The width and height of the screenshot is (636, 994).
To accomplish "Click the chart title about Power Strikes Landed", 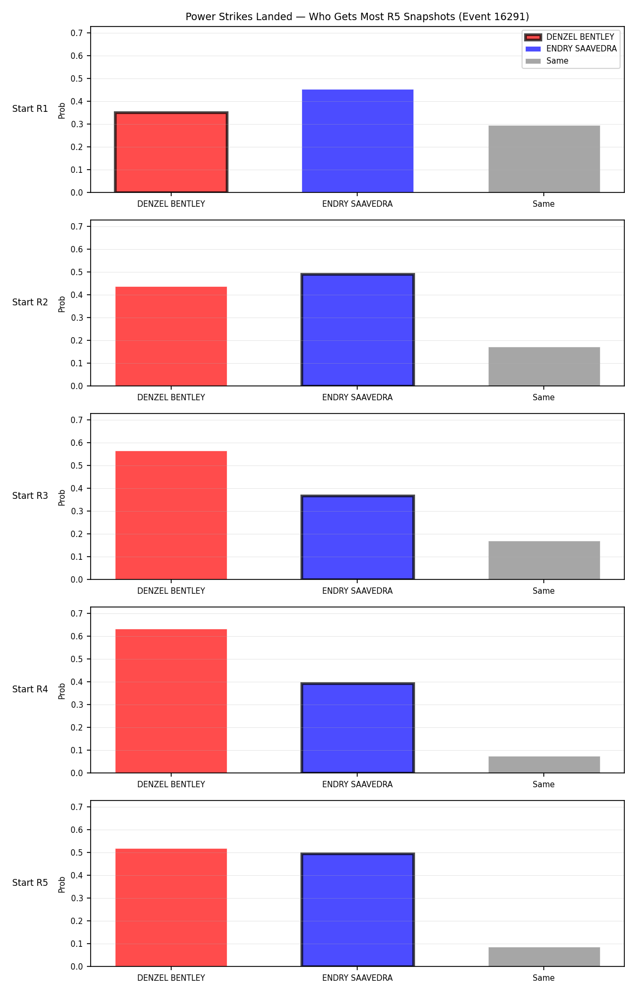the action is (357, 17).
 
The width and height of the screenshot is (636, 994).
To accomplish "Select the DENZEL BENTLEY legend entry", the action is (570, 37).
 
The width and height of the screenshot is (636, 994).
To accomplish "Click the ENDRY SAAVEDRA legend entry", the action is (571, 49).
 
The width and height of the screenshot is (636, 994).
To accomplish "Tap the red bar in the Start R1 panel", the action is (171, 152).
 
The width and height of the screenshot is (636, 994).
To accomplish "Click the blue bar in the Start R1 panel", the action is (358, 141).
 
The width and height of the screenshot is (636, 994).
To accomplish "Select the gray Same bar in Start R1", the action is (544, 159).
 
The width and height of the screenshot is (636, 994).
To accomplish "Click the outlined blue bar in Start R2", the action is (358, 330).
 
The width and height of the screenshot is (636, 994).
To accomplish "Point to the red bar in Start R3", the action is (171, 515).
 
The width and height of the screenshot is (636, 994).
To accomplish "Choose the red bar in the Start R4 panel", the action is (171, 701).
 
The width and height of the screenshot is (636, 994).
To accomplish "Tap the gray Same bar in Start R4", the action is (544, 764).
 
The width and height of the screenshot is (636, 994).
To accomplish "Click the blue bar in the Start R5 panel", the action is (358, 910).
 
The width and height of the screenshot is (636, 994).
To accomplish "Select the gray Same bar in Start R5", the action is (544, 957).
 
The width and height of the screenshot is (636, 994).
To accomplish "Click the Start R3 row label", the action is (30, 496).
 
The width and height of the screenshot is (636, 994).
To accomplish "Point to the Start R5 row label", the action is (30, 883).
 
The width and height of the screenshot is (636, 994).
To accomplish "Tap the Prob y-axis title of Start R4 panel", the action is (62, 691).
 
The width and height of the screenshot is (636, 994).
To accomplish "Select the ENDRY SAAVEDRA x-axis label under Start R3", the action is (358, 591).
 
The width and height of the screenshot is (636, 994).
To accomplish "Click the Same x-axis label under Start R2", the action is (544, 397).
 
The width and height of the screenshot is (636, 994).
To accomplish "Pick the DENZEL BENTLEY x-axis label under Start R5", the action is (171, 978).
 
